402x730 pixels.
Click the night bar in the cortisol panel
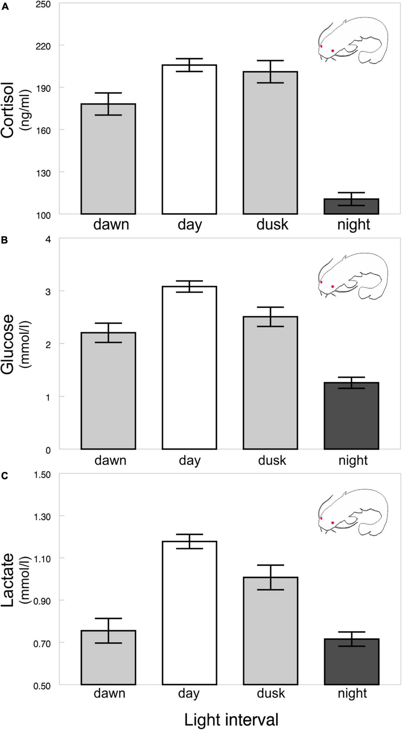coord(351,206)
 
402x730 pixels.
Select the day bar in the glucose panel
coord(189,368)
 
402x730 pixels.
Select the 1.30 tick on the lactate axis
coord(43,517)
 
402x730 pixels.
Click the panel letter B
coord(5,240)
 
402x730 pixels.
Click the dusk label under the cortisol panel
coord(272,225)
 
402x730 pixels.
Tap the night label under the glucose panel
coord(353,460)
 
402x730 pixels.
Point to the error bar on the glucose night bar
coord(351,383)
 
